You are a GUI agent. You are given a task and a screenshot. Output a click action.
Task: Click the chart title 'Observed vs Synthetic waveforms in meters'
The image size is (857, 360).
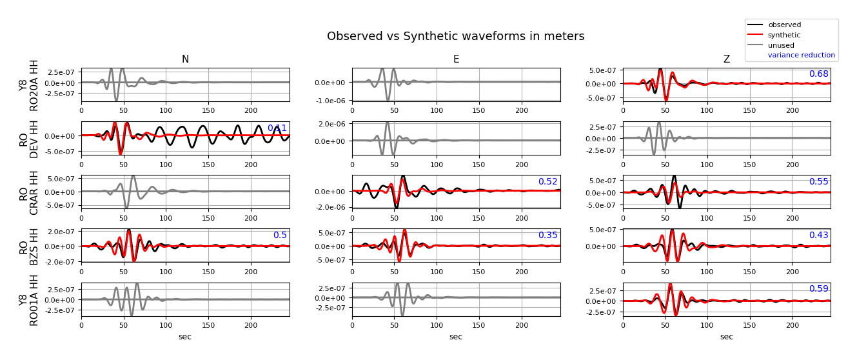(x=455, y=37)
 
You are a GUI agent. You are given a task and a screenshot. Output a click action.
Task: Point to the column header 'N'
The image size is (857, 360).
(x=185, y=59)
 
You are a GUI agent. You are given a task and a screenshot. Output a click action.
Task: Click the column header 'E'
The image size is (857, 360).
(x=456, y=59)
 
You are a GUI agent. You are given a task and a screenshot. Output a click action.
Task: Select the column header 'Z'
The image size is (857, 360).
(x=727, y=59)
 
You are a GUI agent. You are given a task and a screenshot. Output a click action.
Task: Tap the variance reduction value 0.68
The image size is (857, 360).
(x=818, y=74)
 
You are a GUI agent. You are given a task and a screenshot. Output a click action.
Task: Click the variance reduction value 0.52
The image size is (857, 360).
(x=547, y=182)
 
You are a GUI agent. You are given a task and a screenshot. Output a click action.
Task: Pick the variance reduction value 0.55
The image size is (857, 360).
(x=818, y=182)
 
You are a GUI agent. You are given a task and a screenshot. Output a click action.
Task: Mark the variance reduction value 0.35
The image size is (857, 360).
(x=547, y=235)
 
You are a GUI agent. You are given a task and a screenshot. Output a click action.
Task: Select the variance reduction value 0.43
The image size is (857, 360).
(x=818, y=235)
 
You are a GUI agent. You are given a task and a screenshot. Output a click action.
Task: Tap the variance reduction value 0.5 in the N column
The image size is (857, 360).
(x=280, y=235)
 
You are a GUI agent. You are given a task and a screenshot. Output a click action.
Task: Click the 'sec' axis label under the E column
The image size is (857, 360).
(x=456, y=337)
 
